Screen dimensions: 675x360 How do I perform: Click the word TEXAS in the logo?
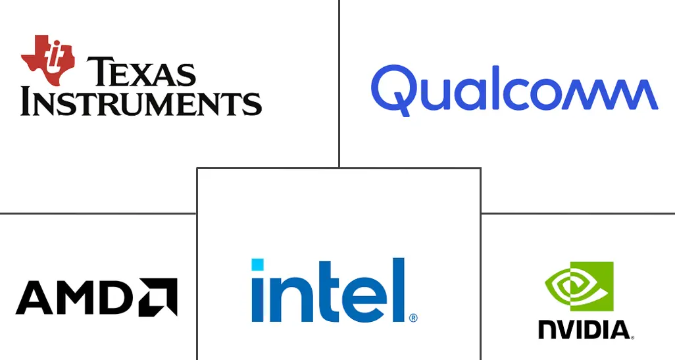(141, 72)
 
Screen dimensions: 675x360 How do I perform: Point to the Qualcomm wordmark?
(514, 91)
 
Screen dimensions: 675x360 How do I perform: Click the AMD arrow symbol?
(158, 297)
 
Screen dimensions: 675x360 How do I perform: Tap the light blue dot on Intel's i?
(257, 265)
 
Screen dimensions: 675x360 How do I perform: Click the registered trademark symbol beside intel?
(413, 318)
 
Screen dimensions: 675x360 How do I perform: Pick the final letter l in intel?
(399, 290)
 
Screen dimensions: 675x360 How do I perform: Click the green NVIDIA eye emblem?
(579, 286)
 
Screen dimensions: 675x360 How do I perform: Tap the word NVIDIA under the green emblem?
(584, 330)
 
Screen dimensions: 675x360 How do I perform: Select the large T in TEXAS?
(99, 72)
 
